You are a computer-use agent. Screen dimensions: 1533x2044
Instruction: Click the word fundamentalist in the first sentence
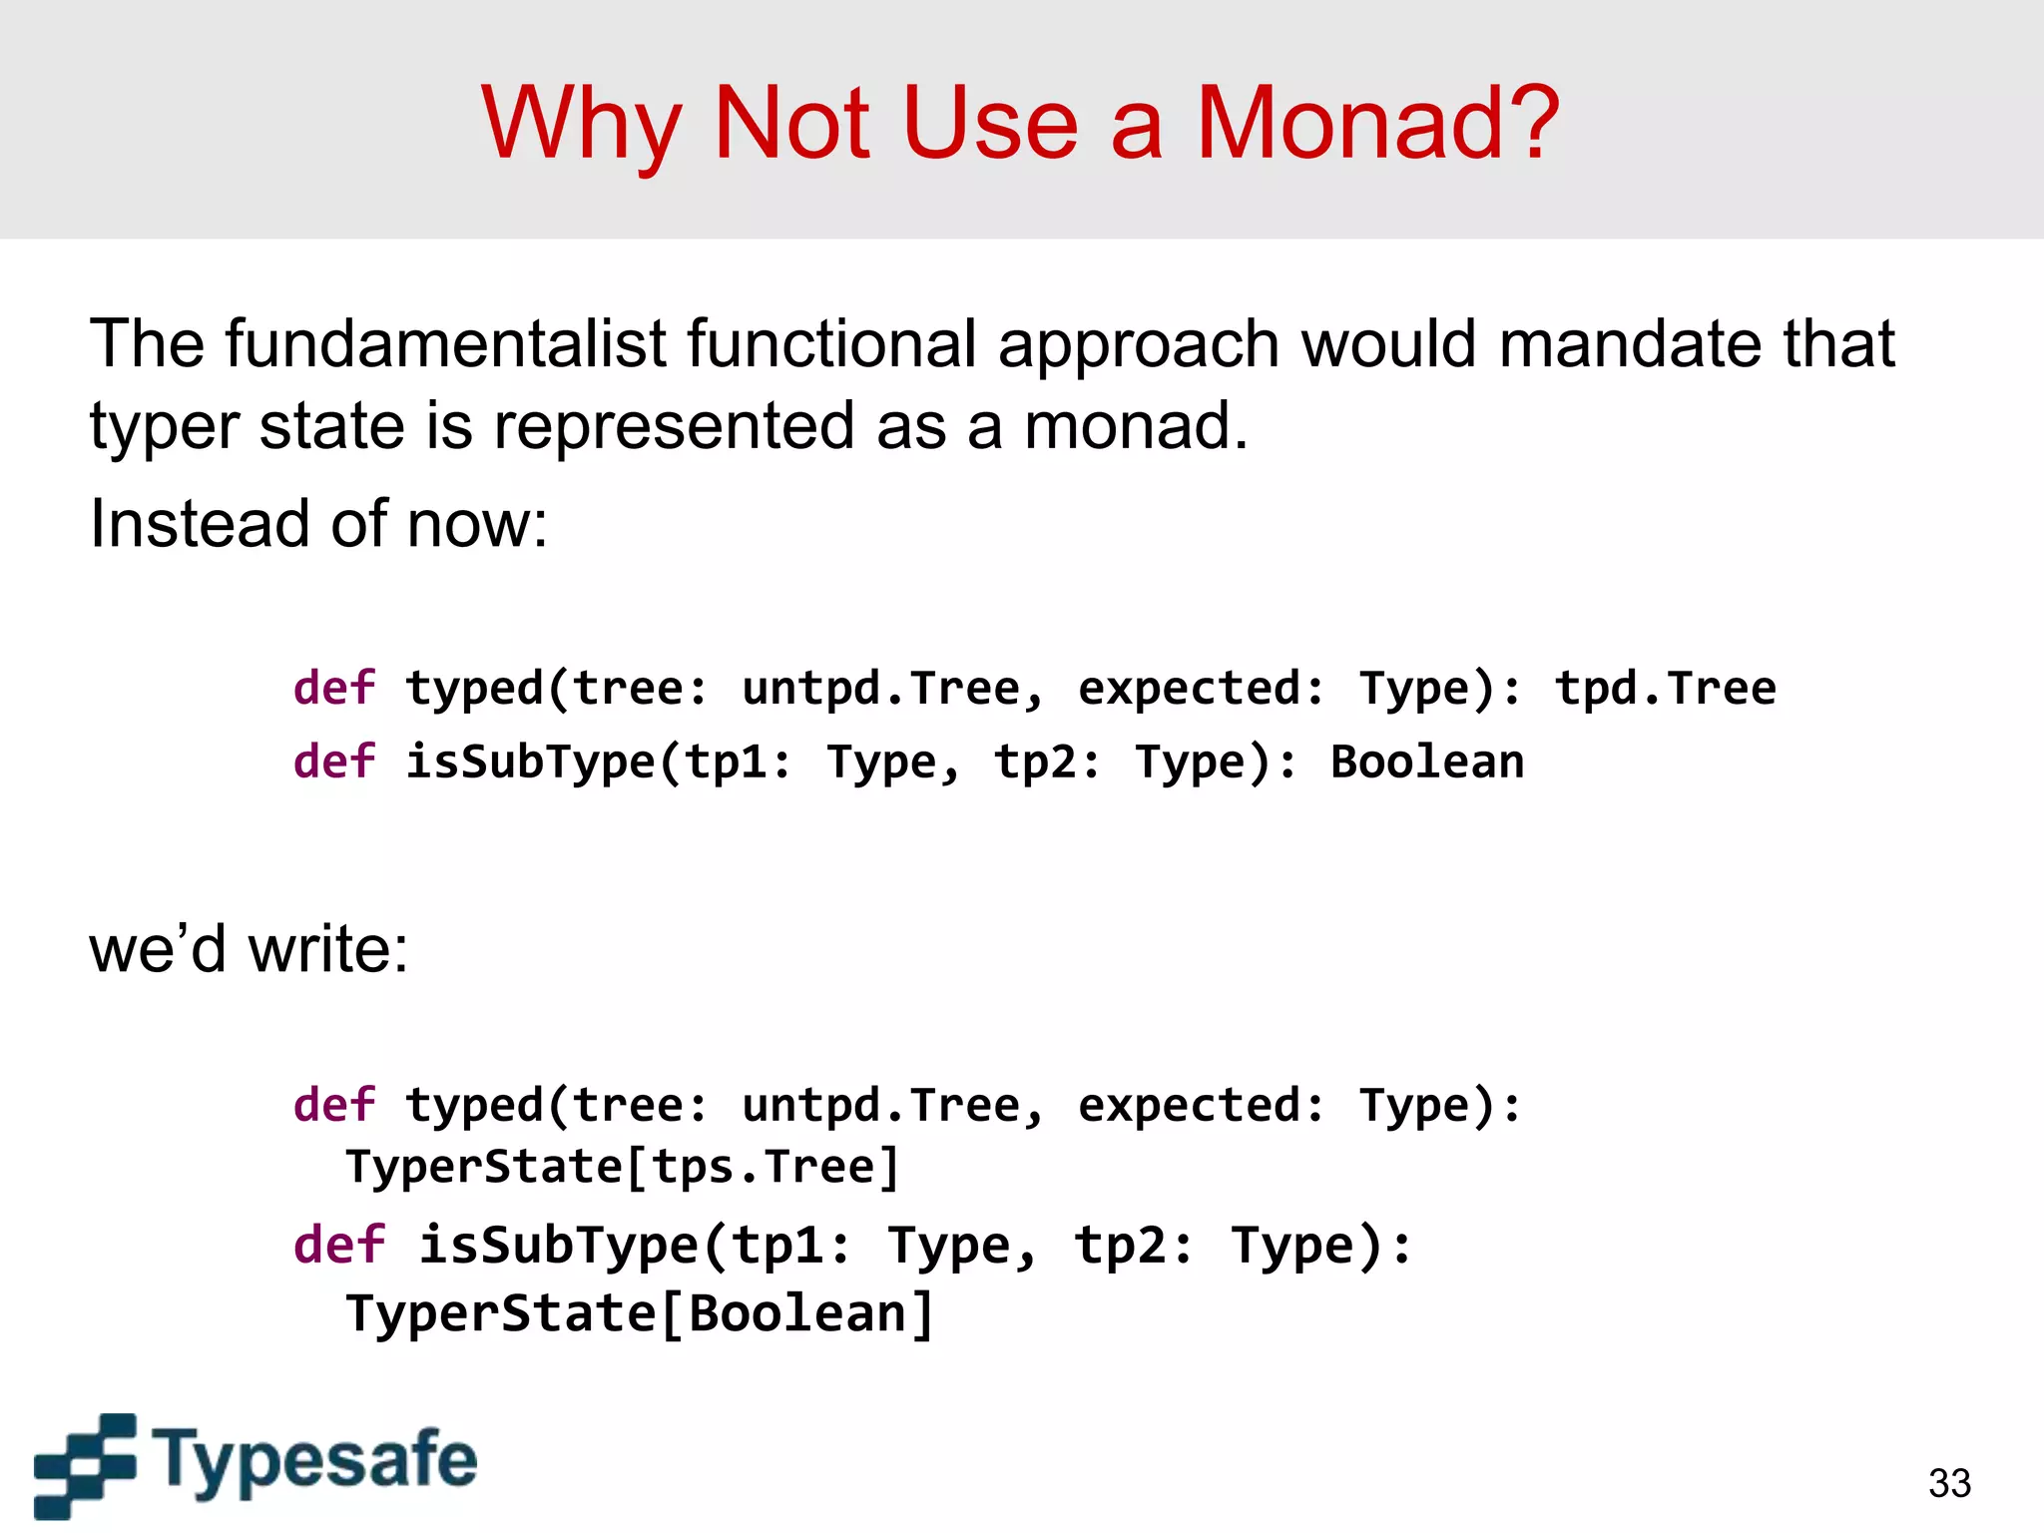(446, 344)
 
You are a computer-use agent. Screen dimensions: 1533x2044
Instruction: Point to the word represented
(674, 426)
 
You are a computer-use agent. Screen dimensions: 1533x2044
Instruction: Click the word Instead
(199, 523)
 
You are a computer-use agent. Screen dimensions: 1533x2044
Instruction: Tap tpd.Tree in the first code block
(1665, 689)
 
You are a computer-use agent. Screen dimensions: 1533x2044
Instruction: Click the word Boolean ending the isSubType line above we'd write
(1427, 763)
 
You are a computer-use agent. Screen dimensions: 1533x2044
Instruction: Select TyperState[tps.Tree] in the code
(623, 1167)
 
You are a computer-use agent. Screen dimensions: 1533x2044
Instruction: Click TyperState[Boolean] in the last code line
(640, 1313)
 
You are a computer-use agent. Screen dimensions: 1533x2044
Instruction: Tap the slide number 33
(1949, 1483)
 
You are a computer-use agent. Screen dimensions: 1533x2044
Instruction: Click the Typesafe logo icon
(85, 1464)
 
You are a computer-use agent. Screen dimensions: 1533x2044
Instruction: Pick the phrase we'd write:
(249, 948)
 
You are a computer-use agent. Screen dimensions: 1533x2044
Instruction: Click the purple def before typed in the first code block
(334, 689)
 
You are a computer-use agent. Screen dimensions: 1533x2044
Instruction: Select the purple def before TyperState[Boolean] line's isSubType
(338, 1246)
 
